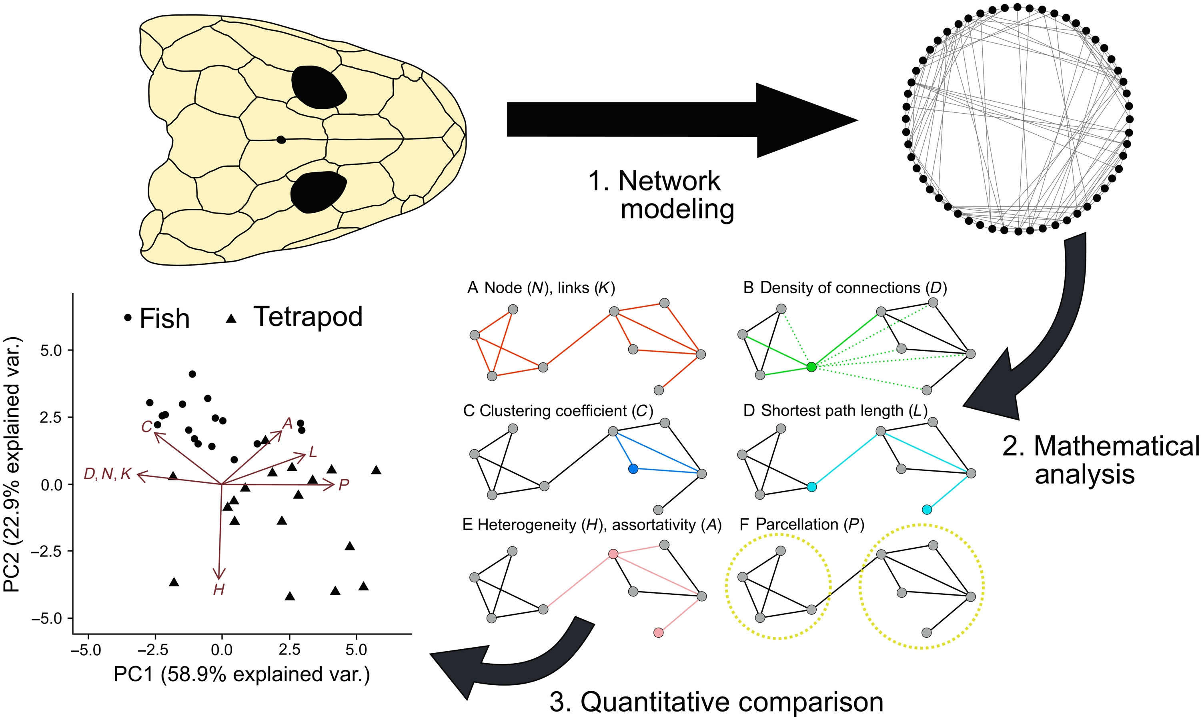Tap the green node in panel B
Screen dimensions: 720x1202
click(811, 367)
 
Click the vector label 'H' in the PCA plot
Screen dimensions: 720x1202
click(219, 590)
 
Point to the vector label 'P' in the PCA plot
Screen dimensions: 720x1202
click(344, 485)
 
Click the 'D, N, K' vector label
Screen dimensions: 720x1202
click(107, 474)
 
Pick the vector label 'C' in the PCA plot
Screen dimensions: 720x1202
click(146, 426)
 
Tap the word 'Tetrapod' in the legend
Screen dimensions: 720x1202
click(308, 317)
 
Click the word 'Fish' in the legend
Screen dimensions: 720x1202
click(164, 319)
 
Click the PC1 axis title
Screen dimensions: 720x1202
click(242, 675)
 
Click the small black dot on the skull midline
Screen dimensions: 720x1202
click(280, 140)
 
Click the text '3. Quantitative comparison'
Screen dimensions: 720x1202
click(716, 702)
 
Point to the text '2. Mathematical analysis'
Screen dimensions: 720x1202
click(1101, 460)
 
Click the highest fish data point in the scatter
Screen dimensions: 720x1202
click(192, 374)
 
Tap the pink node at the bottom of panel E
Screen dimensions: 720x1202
click(658, 633)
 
